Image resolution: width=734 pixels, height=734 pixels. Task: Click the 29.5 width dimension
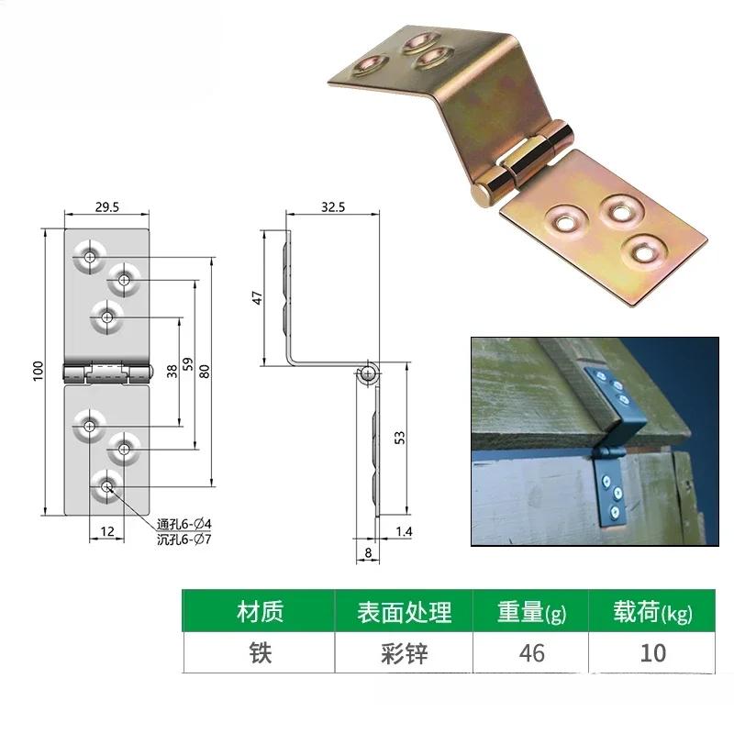(x=107, y=207)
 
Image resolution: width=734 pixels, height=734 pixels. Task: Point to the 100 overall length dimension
(x=39, y=371)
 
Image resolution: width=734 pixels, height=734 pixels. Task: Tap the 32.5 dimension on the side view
(x=333, y=207)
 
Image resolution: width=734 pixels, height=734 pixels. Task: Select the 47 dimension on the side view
(x=258, y=297)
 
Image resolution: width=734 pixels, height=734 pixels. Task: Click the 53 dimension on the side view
(x=400, y=438)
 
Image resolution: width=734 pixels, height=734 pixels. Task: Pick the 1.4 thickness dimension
(x=404, y=531)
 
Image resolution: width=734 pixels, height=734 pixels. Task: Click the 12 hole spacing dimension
(x=107, y=531)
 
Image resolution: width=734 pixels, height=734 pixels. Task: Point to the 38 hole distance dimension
(x=172, y=372)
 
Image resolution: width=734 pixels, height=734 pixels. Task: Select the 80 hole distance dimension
(x=205, y=372)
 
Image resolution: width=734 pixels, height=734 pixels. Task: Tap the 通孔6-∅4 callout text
(x=184, y=524)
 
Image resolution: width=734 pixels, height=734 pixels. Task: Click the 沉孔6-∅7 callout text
(x=184, y=539)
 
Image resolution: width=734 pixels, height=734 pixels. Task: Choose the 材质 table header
(x=260, y=612)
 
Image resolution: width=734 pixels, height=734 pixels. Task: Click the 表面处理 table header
(x=404, y=612)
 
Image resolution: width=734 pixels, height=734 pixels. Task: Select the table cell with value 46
(x=531, y=653)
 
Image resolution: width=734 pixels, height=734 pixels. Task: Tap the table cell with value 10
(x=652, y=653)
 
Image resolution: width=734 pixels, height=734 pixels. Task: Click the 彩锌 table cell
(x=404, y=653)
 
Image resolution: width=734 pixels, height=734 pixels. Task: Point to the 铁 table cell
(x=260, y=653)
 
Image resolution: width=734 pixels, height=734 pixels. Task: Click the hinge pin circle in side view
(x=369, y=373)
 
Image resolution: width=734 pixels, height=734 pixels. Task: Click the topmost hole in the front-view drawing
(x=89, y=257)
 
